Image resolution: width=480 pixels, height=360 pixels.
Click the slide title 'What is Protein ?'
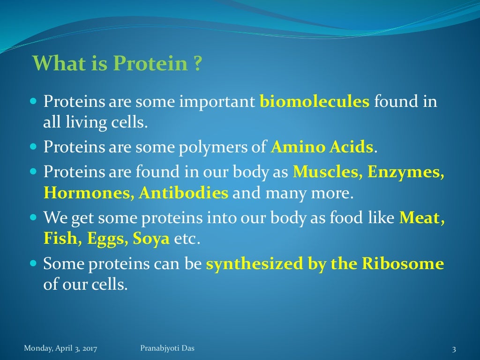(x=117, y=63)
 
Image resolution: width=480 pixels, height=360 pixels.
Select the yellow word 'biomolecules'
(x=315, y=101)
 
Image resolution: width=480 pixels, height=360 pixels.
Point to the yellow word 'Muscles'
(x=326, y=172)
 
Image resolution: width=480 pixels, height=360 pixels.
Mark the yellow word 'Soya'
(x=151, y=240)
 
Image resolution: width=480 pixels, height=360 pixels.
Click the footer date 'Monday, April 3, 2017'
(x=64, y=348)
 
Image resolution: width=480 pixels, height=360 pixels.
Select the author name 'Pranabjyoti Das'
(x=167, y=348)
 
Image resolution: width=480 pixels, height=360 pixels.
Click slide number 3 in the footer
(x=454, y=349)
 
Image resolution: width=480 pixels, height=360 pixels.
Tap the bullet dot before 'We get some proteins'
(x=33, y=218)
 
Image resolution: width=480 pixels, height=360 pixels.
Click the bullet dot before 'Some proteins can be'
(x=33, y=264)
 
